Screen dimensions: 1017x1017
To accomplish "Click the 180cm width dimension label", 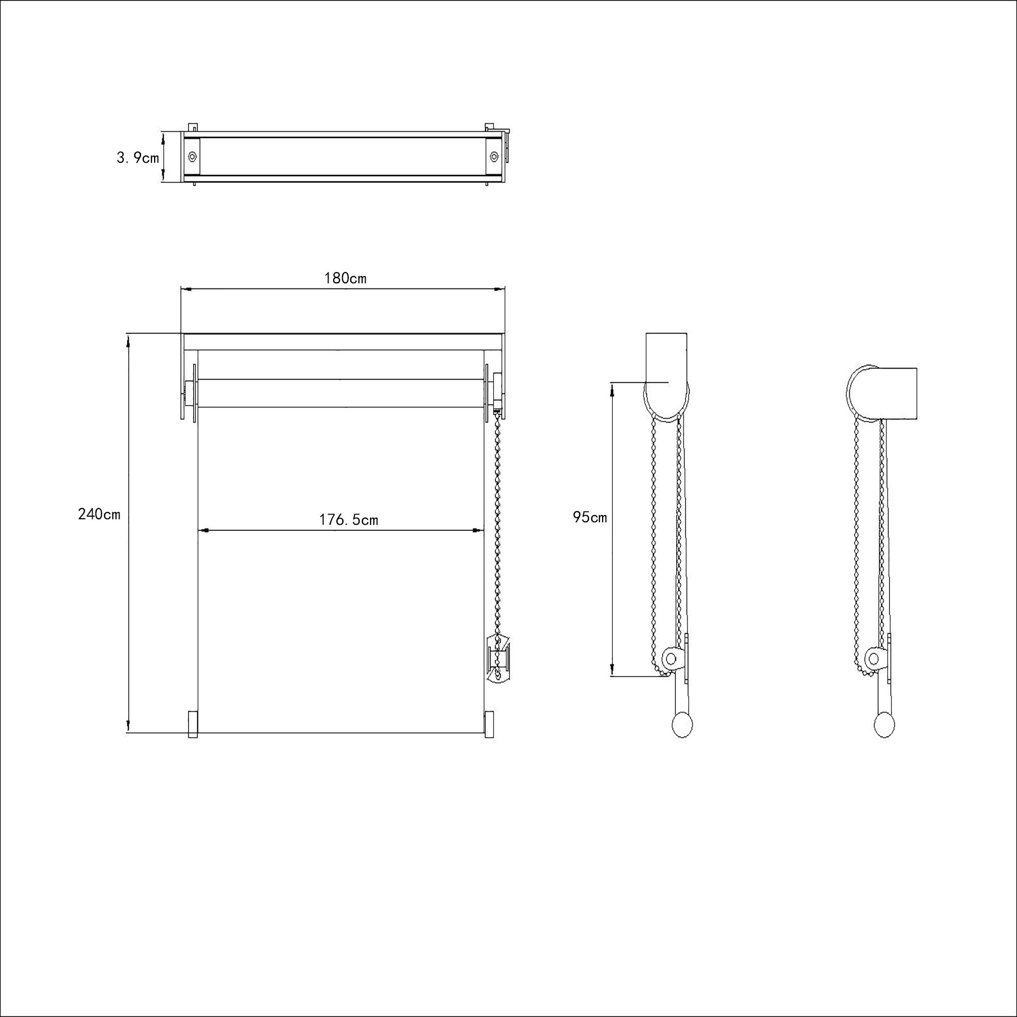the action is [345, 278].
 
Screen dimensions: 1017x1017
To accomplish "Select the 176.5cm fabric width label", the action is [348, 520].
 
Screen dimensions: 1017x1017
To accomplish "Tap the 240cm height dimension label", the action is [99, 514].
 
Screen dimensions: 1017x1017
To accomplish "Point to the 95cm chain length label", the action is [589, 518].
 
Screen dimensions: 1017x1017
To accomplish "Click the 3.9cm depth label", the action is [137, 158].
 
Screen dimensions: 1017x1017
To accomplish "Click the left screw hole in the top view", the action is [192, 156].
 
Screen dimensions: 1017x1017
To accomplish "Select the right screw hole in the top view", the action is [494, 156].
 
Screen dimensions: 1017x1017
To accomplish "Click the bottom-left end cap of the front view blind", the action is [193, 725].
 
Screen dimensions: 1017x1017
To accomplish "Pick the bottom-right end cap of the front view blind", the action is [489, 725].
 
